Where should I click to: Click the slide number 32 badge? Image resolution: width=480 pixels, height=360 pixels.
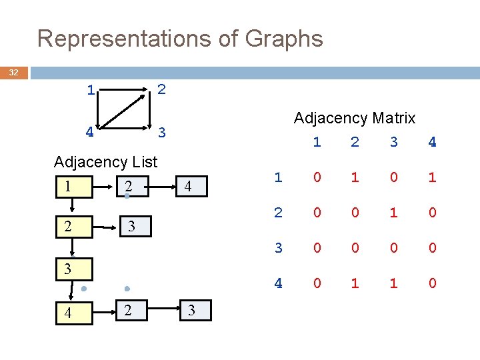13,73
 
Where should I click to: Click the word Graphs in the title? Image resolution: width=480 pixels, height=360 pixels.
284,38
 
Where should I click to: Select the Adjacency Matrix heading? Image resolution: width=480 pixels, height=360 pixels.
355,118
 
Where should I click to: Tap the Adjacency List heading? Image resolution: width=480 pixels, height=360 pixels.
105,161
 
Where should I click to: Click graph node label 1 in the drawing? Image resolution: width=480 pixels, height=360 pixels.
90,89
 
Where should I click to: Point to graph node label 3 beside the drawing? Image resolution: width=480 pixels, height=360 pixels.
161,132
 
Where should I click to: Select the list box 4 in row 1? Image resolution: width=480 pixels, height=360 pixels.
189,187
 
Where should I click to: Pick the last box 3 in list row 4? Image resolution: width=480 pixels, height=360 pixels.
193,310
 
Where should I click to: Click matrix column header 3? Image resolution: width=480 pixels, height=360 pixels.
394,141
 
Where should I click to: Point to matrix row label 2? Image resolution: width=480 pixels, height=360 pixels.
279,213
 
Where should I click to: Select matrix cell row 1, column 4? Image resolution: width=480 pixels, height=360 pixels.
432,177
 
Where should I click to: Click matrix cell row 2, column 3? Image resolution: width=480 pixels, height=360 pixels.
394,213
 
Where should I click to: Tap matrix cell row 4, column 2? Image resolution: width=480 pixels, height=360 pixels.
355,283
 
